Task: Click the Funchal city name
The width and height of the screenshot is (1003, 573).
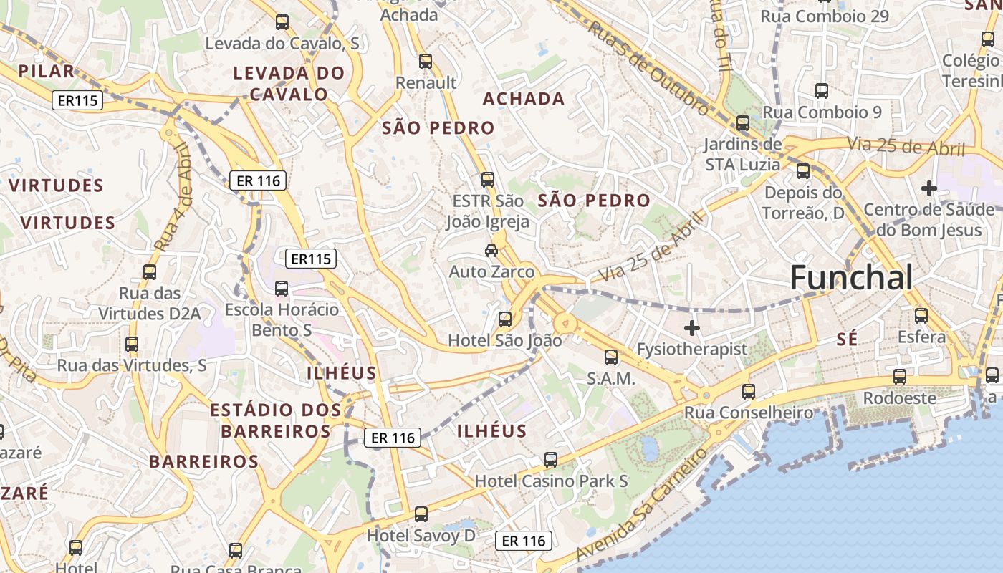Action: [851, 278]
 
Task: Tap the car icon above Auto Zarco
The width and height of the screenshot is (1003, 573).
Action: [491, 251]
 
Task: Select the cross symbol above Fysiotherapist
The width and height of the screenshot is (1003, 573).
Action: [691, 329]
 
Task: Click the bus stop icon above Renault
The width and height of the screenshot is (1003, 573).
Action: [426, 62]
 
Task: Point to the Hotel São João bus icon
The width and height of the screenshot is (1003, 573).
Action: [505, 319]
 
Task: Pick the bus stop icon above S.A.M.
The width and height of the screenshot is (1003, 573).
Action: [611, 357]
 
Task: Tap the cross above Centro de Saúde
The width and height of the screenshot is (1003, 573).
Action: [929, 188]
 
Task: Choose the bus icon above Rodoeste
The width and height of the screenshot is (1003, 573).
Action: [900, 377]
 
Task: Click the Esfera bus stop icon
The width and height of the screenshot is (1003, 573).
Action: [921, 315]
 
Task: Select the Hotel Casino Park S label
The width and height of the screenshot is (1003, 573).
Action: [551, 481]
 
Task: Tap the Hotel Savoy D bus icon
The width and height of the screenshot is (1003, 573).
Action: [421, 514]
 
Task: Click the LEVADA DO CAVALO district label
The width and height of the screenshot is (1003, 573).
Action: [289, 83]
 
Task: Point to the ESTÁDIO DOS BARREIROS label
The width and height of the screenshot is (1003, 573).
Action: [276, 420]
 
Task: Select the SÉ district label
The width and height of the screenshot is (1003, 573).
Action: [847, 340]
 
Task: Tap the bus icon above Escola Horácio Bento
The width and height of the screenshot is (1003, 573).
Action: [282, 289]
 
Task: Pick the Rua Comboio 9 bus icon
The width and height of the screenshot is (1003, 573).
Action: [822, 91]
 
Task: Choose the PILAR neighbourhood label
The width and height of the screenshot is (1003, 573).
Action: [47, 71]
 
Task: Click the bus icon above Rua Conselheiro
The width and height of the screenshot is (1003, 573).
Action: [749, 392]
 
